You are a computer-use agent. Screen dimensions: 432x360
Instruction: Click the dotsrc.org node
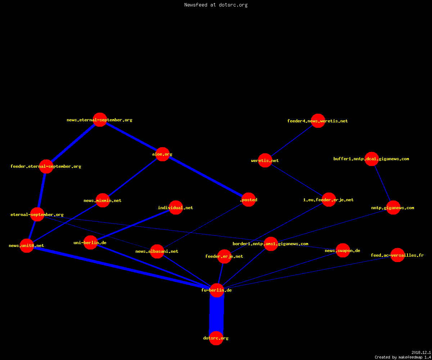tap(216, 338)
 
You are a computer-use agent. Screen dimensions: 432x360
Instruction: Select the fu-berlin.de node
tap(217, 290)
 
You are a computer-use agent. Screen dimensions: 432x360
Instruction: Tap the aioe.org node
tap(162, 154)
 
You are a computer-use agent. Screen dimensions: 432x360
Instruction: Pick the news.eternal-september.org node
tap(100, 120)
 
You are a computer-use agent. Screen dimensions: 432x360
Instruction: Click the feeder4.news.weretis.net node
tap(318, 121)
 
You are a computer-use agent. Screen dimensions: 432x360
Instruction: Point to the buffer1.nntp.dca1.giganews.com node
tap(372, 159)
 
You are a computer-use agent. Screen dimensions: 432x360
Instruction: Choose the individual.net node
tap(176, 207)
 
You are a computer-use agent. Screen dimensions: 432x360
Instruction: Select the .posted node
tap(248, 200)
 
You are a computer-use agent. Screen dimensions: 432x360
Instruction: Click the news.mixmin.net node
tap(103, 200)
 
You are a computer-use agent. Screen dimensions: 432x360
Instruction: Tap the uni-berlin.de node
tap(90, 243)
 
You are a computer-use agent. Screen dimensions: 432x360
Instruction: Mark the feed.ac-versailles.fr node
tap(397, 255)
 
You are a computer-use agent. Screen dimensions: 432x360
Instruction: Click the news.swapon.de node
tap(343, 250)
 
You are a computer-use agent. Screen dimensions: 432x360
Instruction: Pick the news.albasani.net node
tap(157, 251)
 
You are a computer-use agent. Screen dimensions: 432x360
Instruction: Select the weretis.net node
tap(265, 160)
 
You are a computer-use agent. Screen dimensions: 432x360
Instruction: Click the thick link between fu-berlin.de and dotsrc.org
tap(216, 314)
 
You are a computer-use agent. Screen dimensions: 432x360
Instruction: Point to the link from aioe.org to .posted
tap(206, 177)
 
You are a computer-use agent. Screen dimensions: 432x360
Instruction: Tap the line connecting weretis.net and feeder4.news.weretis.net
tap(292, 141)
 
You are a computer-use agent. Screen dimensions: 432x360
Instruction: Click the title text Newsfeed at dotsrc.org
tap(216, 5)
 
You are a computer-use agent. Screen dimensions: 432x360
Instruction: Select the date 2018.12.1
tap(421, 352)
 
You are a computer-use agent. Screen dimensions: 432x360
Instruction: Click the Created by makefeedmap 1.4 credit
tap(403, 357)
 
